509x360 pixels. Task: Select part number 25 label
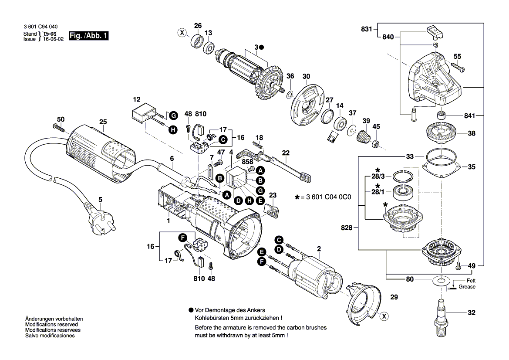pyautogui.click(x=103, y=122)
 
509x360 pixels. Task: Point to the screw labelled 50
pyautogui.click(x=59, y=127)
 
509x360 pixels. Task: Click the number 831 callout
pyautogui.click(x=367, y=29)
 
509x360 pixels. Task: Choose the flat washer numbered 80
pyautogui.click(x=442, y=279)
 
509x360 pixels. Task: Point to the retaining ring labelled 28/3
pyautogui.click(x=405, y=176)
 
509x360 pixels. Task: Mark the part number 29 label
pyautogui.click(x=394, y=298)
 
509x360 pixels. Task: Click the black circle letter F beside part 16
pyautogui.click(x=182, y=237)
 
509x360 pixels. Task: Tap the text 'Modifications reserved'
pyautogui.click(x=51, y=325)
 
